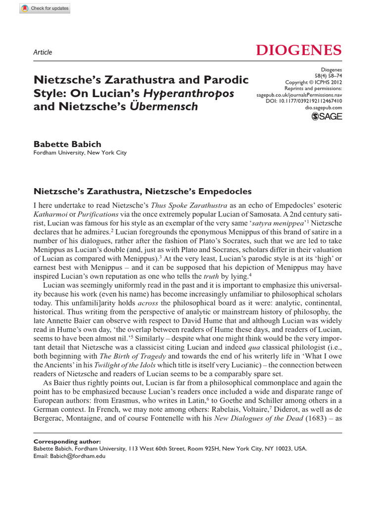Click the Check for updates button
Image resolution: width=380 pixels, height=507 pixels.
[44, 8]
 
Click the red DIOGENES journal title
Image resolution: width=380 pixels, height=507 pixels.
[298, 50]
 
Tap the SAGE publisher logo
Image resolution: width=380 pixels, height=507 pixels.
[326, 117]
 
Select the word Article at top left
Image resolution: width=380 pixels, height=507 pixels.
[42, 52]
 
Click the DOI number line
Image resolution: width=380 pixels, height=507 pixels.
[311, 101]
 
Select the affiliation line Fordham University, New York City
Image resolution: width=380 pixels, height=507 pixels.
[80, 153]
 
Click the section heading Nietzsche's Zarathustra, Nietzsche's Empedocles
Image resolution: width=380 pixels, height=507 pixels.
[142, 191]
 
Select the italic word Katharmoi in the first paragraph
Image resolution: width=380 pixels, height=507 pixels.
[48, 214]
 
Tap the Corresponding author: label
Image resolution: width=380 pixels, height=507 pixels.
[67, 441]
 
